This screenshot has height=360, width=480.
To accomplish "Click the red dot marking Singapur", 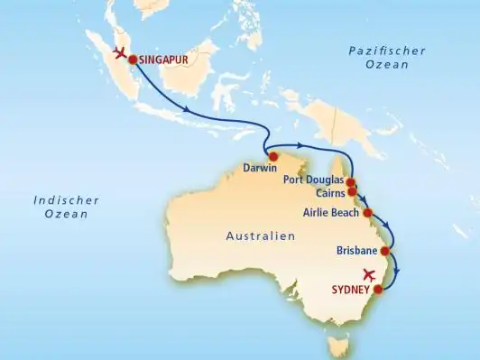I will pyautogui.click(x=133, y=60).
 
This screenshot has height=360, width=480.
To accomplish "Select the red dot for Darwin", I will pyautogui.click(x=272, y=156).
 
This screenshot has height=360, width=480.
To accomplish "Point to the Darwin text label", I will pyautogui.click(x=259, y=168).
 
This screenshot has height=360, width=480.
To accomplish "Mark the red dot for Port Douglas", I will pyautogui.click(x=351, y=182).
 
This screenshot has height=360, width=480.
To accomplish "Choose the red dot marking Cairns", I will pyautogui.click(x=352, y=192).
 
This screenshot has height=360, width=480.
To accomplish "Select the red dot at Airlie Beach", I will pyautogui.click(x=367, y=213).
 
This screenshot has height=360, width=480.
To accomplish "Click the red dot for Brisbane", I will pyautogui.click(x=385, y=251).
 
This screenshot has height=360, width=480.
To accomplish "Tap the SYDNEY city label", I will pyautogui.click(x=352, y=290).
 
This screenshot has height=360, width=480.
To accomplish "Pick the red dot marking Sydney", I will pyautogui.click(x=378, y=290).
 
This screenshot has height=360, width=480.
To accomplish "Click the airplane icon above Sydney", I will pyautogui.click(x=367, y=275).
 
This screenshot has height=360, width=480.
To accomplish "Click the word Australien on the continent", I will pyautogui.click(x=259, y=236).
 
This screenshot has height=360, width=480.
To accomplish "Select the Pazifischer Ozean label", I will pyautogui.click(x=386, y=60).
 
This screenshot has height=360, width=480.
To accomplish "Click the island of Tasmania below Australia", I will pyautogui.click(x=339, y=345).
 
